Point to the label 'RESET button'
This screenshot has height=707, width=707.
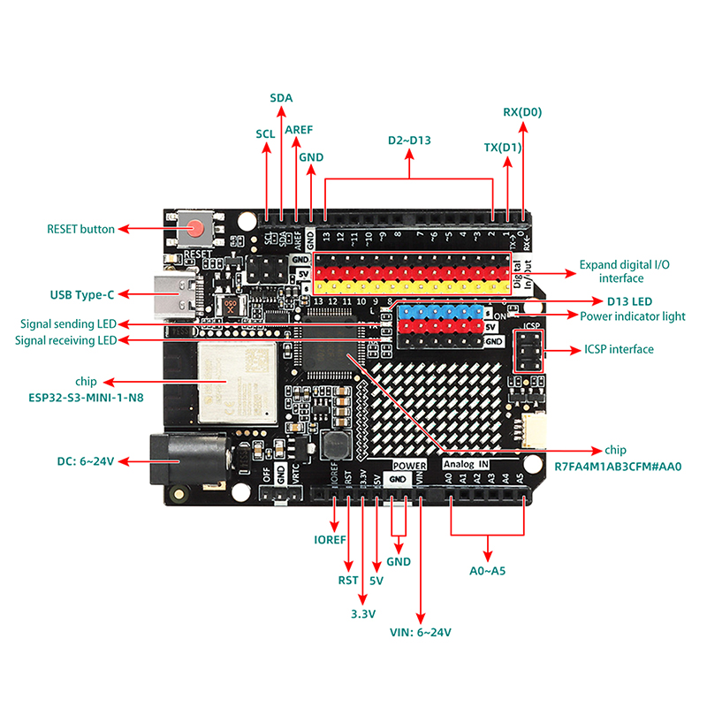(80, 229)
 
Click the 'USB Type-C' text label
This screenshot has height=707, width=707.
(82, 293)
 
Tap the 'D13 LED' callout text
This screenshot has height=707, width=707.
(629, 301)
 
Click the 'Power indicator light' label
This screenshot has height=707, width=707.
(632, 316)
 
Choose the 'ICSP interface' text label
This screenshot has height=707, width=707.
(620, 349)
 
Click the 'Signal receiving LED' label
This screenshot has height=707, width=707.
(65, 340)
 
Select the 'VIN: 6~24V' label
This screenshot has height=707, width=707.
(421, 632)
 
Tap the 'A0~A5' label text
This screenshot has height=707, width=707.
(487, 570)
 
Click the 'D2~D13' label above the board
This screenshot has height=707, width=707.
(409, 141)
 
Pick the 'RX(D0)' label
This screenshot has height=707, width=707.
(522, 112)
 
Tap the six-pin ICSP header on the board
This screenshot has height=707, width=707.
(529, 353)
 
